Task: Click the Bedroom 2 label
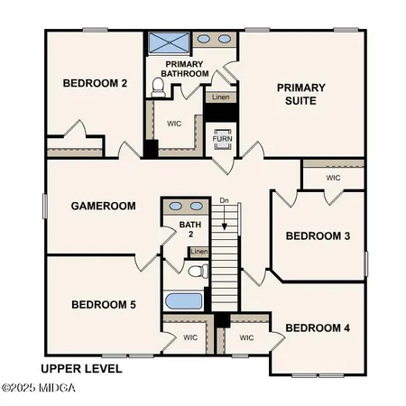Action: coord(94,83)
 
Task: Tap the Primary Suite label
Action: coord(300,95)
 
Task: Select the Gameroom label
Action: coord(103,206)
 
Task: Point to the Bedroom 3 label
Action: coord(318,236)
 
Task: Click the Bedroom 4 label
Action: coord(317,328)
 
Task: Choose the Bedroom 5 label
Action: coord(103,305)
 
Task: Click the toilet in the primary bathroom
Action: coord(159,87)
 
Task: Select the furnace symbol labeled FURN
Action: coord(222,138)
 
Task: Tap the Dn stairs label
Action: coord(224,201)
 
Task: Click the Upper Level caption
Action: coord(81,369)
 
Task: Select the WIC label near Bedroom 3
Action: coord(333,178)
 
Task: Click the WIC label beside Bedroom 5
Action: coord(190,338)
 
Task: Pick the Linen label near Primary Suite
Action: coord(219,96)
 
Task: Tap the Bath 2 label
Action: coord(189,229)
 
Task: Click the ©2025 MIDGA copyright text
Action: coord(39,388)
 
